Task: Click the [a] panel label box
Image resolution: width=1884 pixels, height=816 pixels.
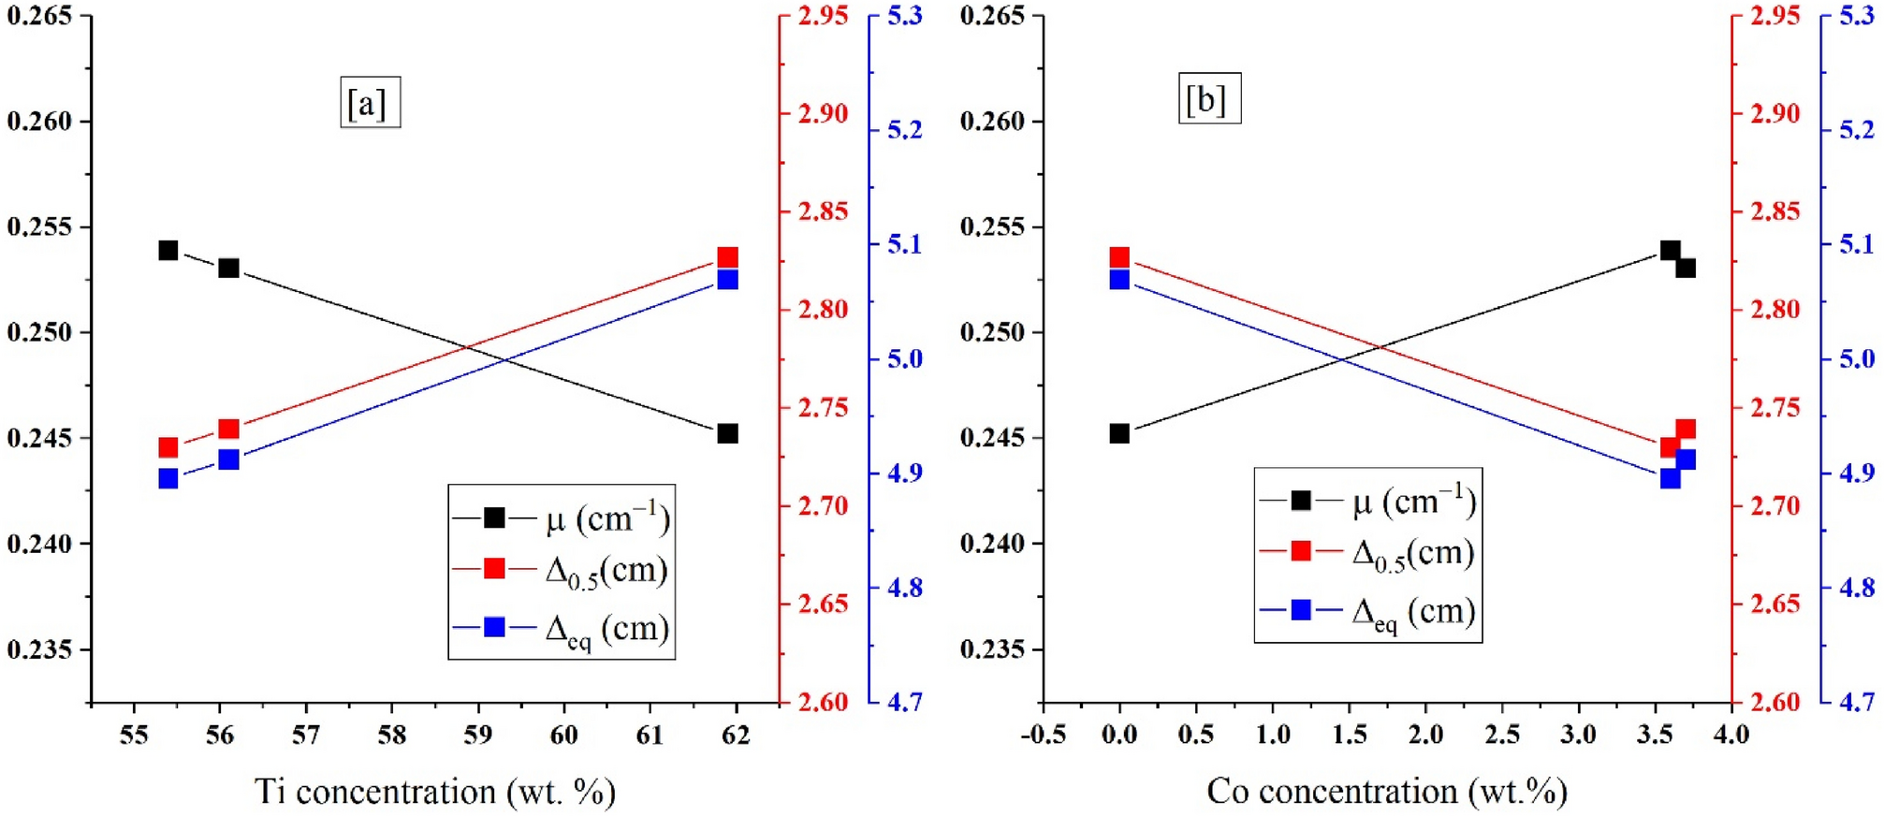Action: pos(370,102)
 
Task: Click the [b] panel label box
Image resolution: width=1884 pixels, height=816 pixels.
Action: pos(1208,98)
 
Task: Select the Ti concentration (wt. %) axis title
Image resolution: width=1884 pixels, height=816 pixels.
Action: pos(435,792)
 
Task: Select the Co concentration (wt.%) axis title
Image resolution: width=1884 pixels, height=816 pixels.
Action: pos(1386,792)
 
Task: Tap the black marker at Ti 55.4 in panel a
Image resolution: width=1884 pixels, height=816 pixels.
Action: pos(168,251)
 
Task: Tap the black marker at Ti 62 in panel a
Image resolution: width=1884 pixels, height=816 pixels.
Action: pos(727,433)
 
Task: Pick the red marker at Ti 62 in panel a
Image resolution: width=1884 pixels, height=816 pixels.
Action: pos(727,257)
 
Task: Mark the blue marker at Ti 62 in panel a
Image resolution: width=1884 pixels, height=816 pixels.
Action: pos(727,280)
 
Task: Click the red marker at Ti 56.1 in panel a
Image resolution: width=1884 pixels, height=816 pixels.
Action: pos(228,430)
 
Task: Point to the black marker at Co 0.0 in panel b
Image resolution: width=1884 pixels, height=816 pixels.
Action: pos(1119,433)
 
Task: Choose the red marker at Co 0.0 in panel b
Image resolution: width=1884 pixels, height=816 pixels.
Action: pos(1119,257)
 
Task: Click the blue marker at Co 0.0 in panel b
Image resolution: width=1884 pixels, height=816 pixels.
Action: pos(1119,280)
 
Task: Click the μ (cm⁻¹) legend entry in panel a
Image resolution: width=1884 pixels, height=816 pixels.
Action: pos(562,518)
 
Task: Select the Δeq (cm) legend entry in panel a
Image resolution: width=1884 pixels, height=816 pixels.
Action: pos(562,628)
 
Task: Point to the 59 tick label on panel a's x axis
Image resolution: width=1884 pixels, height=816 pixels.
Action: pos(477,736)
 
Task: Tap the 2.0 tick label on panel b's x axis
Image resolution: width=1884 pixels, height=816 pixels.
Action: pos(1425,736)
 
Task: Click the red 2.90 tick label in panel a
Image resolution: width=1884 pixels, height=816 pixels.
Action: pos(823,113)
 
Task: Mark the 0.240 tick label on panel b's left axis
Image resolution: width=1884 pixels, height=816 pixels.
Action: pos(992,544)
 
